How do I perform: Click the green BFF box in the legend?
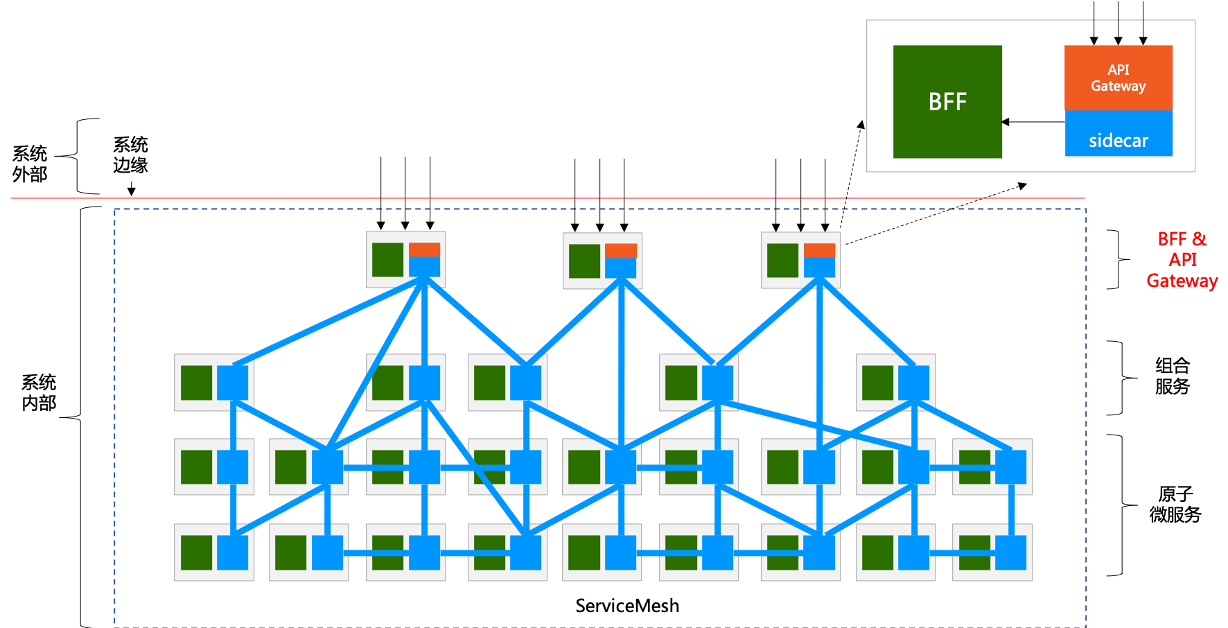point(947,102)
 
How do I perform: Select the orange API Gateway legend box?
point(1119,78)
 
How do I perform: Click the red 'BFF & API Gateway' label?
point(1182,260)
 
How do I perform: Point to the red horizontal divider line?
point(547,198)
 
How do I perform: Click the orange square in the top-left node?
point(424,250)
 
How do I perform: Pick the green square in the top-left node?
point(387,260)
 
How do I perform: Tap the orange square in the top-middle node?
point(620,251)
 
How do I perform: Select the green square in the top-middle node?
point(584,261)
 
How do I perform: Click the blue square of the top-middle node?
point(620,268)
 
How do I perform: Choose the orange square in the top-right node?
point(819,250)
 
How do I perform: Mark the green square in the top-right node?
point(782,261)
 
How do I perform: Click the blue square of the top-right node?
point(819,267)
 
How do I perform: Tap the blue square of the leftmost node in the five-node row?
point(232,383)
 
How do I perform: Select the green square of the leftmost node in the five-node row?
point(196,383)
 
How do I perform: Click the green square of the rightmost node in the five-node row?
point(877,383)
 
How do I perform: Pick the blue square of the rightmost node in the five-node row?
point(913,383)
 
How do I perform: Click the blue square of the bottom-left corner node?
point(232,552)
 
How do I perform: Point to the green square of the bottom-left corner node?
point(196,552)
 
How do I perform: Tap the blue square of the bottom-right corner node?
point(1010,552)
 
